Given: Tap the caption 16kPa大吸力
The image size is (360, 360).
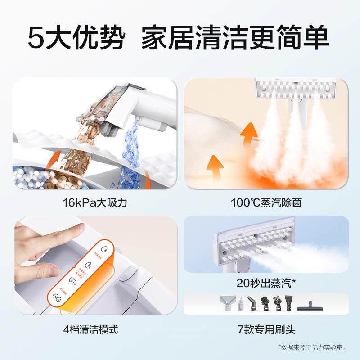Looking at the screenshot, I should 95,202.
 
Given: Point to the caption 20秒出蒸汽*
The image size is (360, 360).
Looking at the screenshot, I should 265,283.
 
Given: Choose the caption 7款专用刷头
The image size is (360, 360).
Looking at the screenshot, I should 265,329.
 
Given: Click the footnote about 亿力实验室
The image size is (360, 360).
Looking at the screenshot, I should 314,347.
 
